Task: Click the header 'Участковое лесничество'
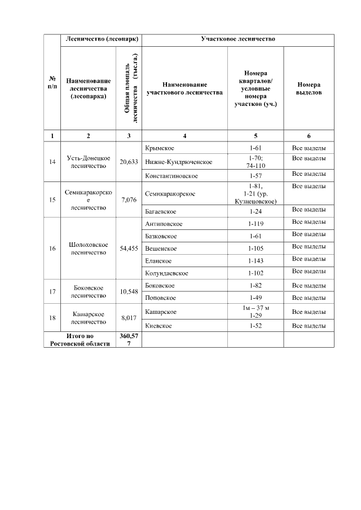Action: tap(237, 39)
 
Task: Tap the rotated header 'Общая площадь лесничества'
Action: tap(129, 88)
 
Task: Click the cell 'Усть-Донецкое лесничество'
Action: tap(88, 162)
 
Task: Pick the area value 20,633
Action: tap(129, 162)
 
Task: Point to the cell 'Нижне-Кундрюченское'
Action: tap(179, 162)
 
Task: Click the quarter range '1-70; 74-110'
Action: tap(256, 162)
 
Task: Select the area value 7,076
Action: tap(129, 199)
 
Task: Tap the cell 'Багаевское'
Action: tap(161, 211)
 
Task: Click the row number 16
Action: tap(52, 249)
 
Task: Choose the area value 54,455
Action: tap(129, 249)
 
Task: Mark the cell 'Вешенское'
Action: tap(161, 249)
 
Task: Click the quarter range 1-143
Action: tap(256, 261)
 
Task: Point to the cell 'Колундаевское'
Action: tap(166, 273)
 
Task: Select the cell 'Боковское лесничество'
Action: tap(88, 291)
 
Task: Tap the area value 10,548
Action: tap(129, 291)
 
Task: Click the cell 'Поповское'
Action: tap(160, 298)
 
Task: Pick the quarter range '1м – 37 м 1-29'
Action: tap(256, 312)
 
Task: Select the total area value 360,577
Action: tap(129, 340)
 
